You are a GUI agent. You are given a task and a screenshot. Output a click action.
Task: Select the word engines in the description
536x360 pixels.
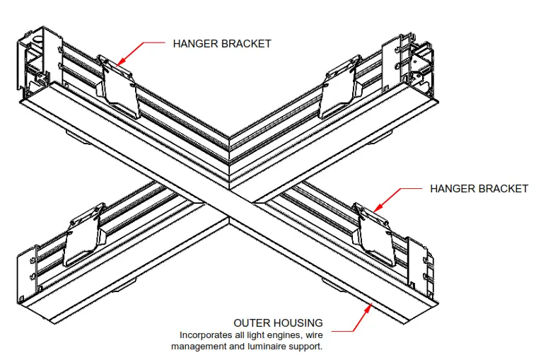[x=284, y=335]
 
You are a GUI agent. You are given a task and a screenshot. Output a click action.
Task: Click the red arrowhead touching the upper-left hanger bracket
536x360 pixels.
[x=122, y=62]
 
